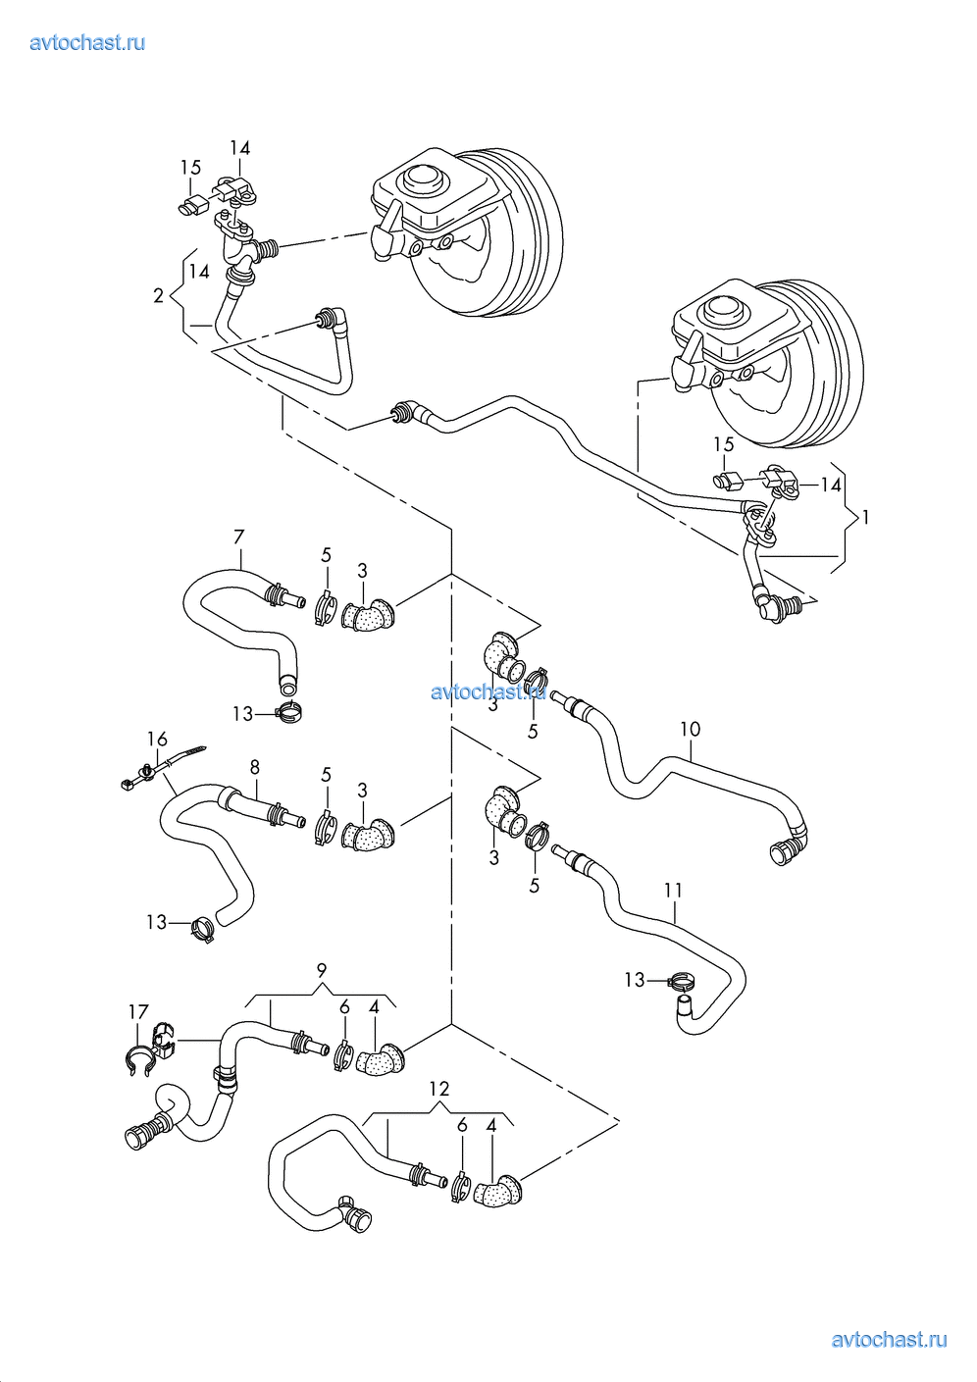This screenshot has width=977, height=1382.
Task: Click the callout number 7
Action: pos(238,537)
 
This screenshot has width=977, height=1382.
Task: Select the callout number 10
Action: pos(690,729)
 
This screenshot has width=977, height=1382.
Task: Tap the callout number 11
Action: pos(673,891)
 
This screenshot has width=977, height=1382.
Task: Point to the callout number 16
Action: pos(157,739)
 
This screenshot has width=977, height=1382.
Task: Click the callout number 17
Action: pos(138,1012)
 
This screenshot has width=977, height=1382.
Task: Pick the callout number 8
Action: pos(254,767)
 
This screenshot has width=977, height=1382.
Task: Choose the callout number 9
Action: pos(322,970)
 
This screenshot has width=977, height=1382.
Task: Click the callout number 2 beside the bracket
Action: pos(159,296)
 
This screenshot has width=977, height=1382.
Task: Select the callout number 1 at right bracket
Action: pos(865,517)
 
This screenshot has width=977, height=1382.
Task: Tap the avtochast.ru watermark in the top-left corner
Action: pos(87,42)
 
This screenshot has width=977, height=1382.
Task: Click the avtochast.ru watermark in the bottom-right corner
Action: pos(889,1340)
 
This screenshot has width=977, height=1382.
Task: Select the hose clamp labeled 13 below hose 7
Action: pos(288,713)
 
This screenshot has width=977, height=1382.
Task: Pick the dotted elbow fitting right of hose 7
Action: pos(369,616)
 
